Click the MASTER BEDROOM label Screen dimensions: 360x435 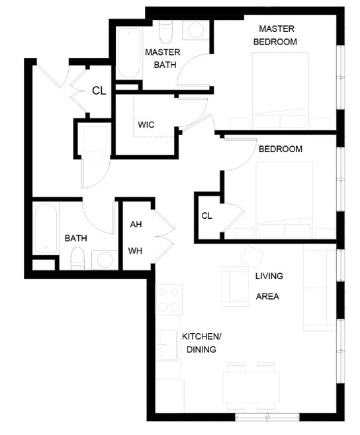tap(275, 35)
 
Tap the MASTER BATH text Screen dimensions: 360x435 tap(163, 58)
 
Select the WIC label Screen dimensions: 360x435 tap(146, 124)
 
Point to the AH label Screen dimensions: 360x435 tap(136, 224)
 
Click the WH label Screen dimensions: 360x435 tap(135, 251)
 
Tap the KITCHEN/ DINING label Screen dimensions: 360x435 tap(202, 343)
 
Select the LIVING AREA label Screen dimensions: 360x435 tap(269, 286)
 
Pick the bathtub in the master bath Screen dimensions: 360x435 tap(129, 53)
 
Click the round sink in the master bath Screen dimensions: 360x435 tap(196, 30)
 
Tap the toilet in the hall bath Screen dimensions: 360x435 tap(77, 258)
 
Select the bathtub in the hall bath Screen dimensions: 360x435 tap(46, 228)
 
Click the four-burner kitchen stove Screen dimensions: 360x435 tap(169, 299)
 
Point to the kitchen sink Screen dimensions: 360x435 tap(167, 345)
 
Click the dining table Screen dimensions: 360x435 tap(251, 387)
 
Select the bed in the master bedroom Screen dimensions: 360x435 tap(281, 90)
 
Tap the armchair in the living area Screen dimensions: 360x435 tap(235, 286)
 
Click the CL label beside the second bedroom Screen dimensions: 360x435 tap(206, 216)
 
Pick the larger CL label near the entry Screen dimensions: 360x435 tap(99, 91)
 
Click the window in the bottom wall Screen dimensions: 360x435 tap(267, 417)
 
